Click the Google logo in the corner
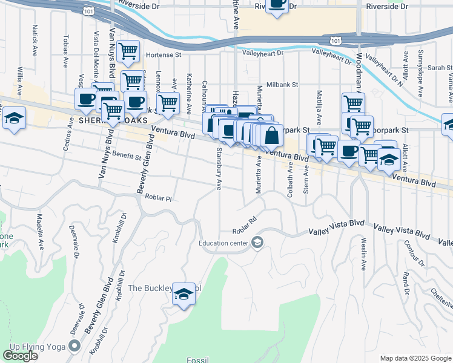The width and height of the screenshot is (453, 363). tap(20, 356)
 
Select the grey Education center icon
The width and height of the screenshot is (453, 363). tap(257, 243)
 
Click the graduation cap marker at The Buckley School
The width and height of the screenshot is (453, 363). tap(183, 295)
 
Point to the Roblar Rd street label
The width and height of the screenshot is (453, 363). tap(245, 225)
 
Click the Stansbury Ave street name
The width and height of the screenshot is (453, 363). tap(218, 169)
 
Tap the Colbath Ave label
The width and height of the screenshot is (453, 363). tap(291, 177)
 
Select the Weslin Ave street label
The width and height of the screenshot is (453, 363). tap(364, 254)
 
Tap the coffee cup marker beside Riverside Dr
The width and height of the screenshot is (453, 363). tap(277, 4)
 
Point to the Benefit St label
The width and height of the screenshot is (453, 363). tap(126, 155)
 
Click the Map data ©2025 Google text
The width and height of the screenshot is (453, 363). tap(415, 358)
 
